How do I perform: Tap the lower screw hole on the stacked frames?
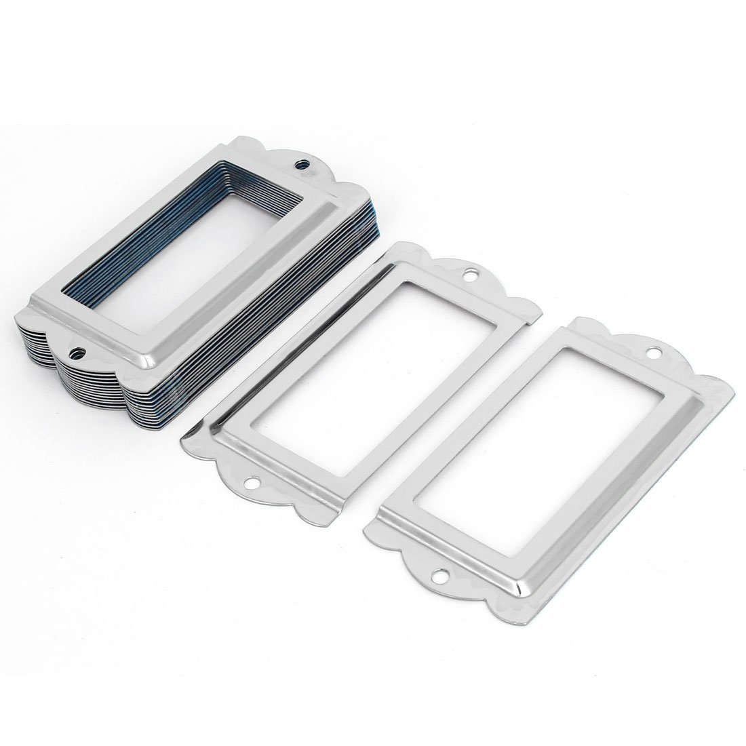(79, 351)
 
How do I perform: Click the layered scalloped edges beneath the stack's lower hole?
(75, 387)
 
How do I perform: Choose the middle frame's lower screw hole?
(254, 483)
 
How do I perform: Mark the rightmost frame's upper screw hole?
(655, 353)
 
